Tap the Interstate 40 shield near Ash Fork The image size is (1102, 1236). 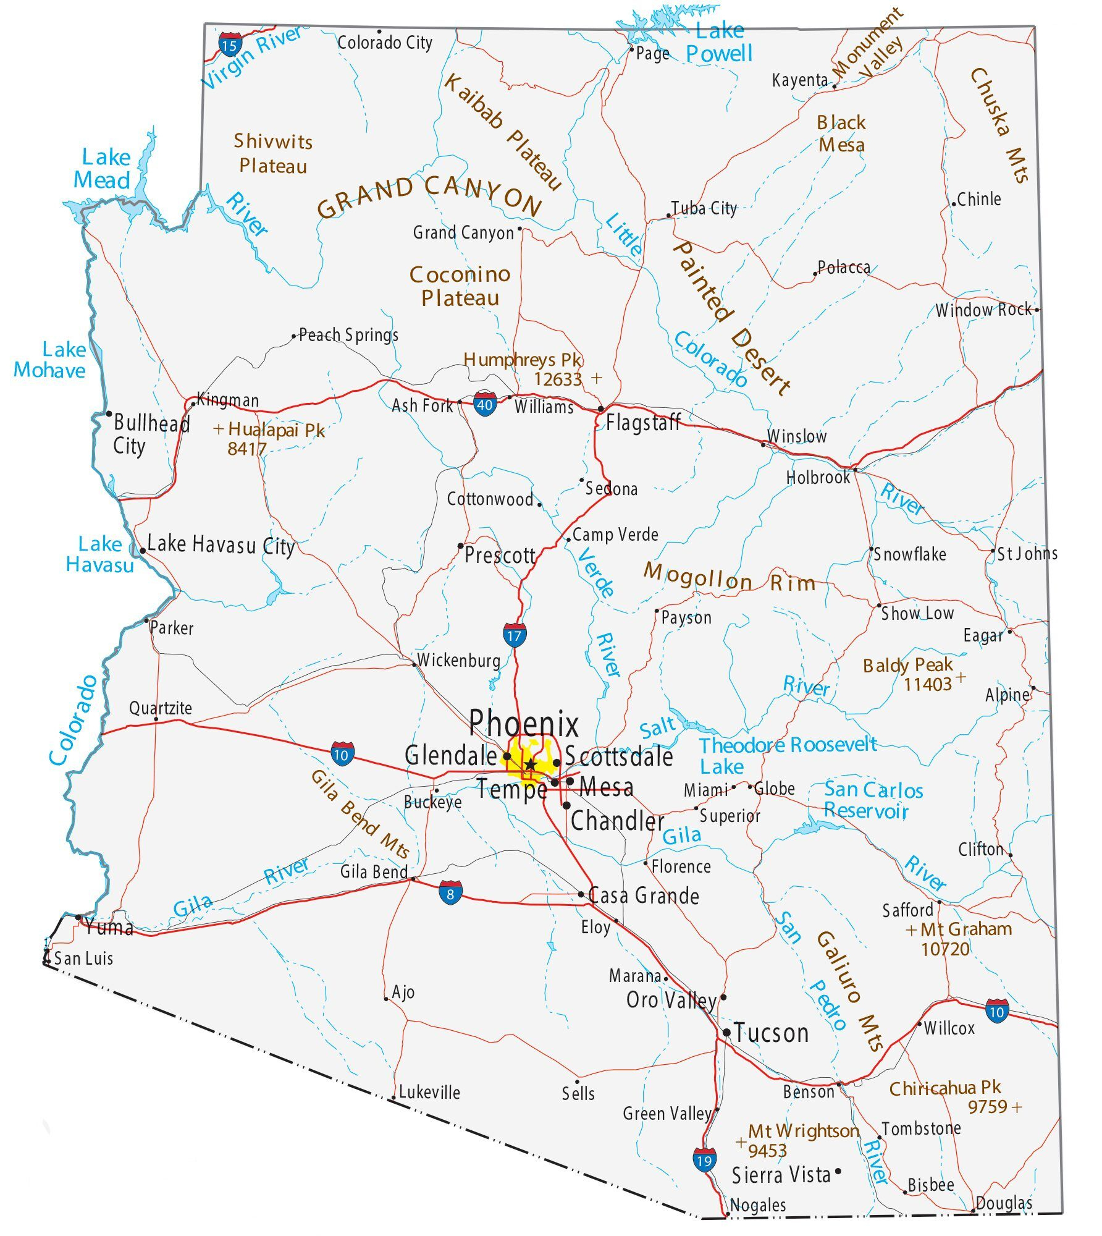coord(485,404)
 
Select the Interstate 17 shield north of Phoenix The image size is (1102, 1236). coord(514,635)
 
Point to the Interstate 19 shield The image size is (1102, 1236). coord(704,1160)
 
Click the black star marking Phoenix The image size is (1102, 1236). coord(530,765)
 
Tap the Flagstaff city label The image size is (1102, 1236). coord(642,423)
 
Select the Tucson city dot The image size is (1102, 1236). coord(726,1033)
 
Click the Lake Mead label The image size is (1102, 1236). coord(104,169)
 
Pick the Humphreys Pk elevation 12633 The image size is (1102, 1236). coord(558,379)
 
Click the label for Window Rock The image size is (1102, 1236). coord(983,310)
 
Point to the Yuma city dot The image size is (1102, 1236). coord(78,918)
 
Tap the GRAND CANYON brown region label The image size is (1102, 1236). coord(429,197)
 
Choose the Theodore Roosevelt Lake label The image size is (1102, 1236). coord(788,755)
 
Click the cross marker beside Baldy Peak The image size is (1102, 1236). coord(961,677)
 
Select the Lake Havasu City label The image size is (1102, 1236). coord(221,545)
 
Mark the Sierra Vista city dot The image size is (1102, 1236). coord(838,1171)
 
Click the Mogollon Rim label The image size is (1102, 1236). coord(729,577)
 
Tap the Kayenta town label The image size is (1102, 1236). coord(799,80)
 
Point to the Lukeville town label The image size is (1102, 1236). coord(429,1092)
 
